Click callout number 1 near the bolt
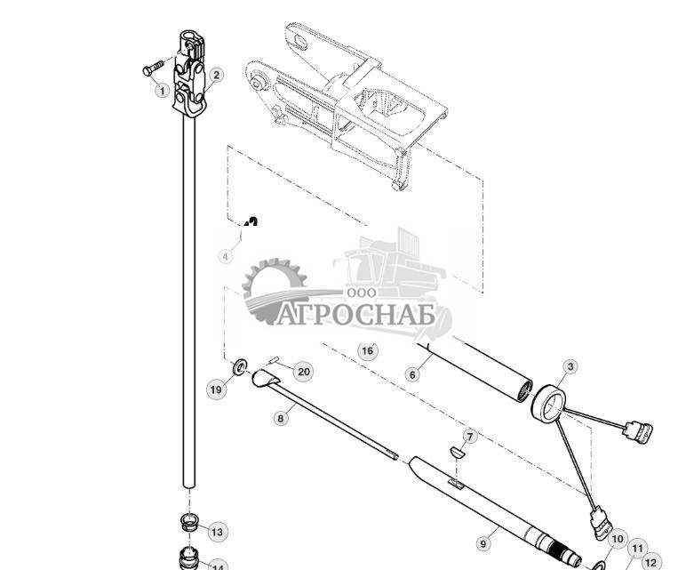161,90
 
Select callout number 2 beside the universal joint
215,75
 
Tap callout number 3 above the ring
570,365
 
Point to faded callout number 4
226,256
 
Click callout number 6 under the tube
412,374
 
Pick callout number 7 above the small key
470,437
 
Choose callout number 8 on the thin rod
281,417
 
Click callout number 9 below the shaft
484,542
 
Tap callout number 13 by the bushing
217,532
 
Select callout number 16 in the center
368,350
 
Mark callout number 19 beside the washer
216,389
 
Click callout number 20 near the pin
303,372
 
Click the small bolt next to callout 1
152,68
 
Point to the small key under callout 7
460,451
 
